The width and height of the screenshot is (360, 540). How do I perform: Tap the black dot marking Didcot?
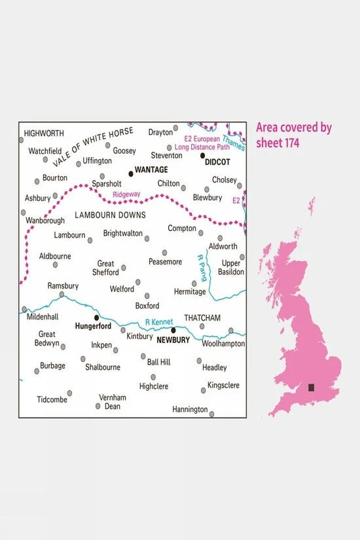(x=202, y=155)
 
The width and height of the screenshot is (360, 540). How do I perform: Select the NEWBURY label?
(x=173, y=340)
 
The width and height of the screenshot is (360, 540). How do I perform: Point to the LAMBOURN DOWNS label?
(x=109, y=215)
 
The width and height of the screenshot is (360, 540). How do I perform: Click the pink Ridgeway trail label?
(x=126, y=194)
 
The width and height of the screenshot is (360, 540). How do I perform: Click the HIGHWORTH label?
(x=44, y=134)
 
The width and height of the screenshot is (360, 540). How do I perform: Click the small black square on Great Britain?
(x=312, y=387)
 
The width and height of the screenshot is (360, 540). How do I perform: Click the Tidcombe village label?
(x=52, y=399)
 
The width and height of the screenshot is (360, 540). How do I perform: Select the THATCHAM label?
(x=203, y=317)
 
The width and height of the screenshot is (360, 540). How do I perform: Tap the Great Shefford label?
(x=108, y=268)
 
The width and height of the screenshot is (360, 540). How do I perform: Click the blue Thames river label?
(x=233, y=142)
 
